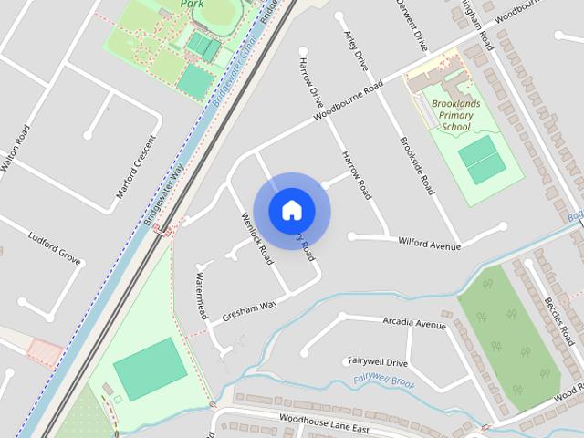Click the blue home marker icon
(291, 210)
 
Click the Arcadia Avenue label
(414, 324)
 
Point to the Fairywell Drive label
(378, 362)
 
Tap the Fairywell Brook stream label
(384, 381)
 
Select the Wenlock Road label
(256, 238)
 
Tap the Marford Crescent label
(138, 167)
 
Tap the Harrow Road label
(357, 175)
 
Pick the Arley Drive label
(355, 50)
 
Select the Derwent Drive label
(412, 25)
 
